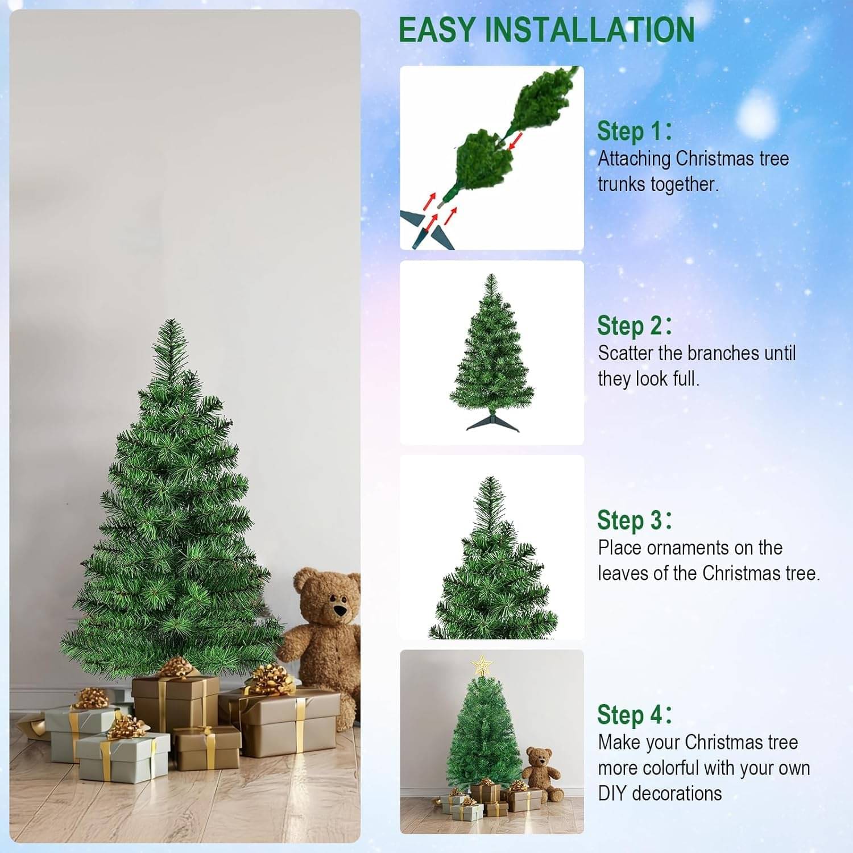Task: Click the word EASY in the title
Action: coord(437,30)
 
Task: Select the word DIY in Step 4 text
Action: coord(612,793)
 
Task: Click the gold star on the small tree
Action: coord(482,664)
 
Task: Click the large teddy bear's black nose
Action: coord(340,610)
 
